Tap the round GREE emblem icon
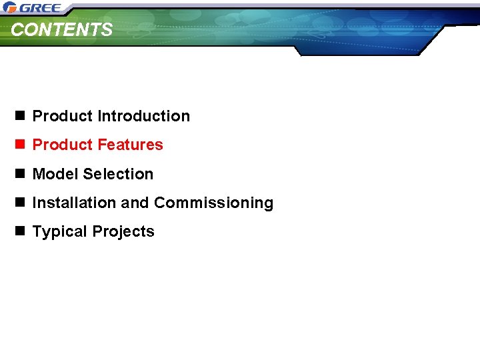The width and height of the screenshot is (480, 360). click(x=9, y=8)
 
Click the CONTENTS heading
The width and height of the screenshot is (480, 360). click(x=62, y=30)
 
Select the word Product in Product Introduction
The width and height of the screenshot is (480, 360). click(x=63, y=116)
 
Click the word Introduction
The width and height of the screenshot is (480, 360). click(x=143, y=116)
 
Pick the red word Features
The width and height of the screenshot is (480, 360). click(x=130, y=145)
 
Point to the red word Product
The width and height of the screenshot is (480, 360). click(x=63, y=145)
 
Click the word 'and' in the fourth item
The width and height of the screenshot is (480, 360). click(x=135, y=203)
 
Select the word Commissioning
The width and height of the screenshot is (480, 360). click(x=213, y=203)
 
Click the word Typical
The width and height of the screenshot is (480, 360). click(x=60, y=232)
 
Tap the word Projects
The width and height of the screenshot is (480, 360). click(x=123, y=232)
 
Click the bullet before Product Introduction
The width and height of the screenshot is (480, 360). click(x=19, y=116)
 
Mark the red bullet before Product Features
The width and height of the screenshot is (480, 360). click(x=19, y=145)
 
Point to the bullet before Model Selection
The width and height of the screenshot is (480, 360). click(x=19, y=174)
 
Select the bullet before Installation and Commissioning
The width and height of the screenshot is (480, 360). click(x=19, y=203)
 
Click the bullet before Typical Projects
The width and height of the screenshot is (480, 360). click(x=19, y=231)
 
